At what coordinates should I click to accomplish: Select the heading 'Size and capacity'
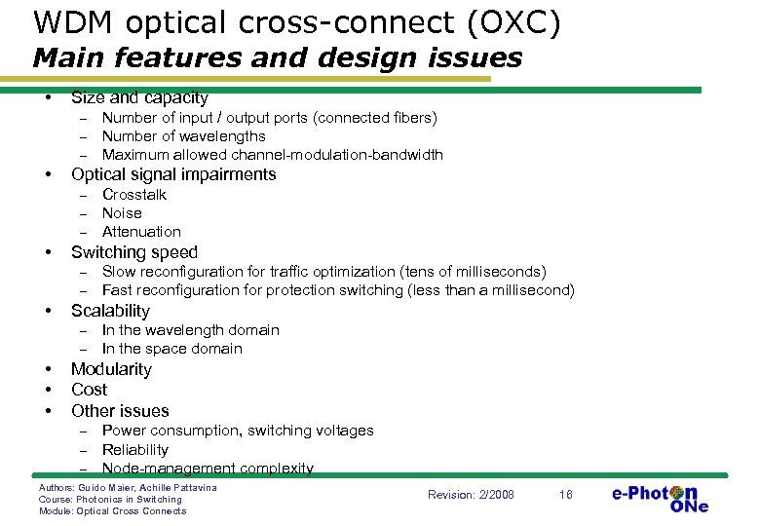pyautogui.click(x=139, y=97)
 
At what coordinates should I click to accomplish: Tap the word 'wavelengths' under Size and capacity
pyautogui.click(x=218, y=136)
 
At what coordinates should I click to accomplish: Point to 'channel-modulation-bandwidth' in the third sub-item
pyautogui.click(x=342, y=155)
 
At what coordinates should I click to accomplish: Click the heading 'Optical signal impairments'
pyautogui.click(x=173, y=175)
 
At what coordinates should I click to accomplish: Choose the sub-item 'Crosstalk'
pyautogui.click(x=134, y=195)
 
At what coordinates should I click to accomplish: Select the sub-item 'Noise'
pyautogui.click(x=122, y=213)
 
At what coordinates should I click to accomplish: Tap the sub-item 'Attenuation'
pyautogui.click(x=141, y=232)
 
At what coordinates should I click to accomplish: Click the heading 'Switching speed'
pyautogui.click(x=134, y=252)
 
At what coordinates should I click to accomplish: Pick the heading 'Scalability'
pyautogui.click(x=110, y=311)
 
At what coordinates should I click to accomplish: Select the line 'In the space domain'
pyautogui.click(x=171, y=349)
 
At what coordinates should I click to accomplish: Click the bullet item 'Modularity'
pyautogui.click(x=111, y=369)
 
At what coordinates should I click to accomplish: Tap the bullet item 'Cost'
pyautogui.click(x=89, y=390)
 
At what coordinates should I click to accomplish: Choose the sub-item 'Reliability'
pyautogui.click(x=135, y=450)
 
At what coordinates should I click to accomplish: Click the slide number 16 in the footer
pyautogui.click(x=565, y=495)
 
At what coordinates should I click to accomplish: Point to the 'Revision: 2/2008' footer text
pyautogui.click(x=471, y=495)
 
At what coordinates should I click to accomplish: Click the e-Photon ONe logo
pyautogui.click(x=660, y=497)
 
